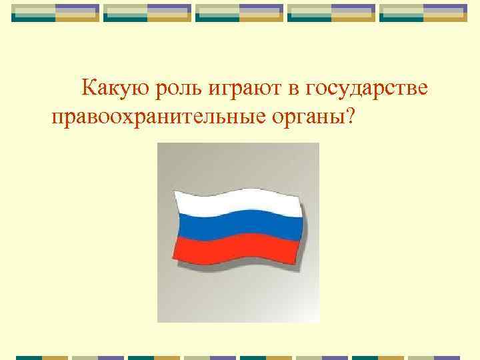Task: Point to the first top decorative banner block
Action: [56, 13]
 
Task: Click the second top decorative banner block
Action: [148, 13]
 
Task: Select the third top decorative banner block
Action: [240, 13]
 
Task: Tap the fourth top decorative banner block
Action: [331, 13]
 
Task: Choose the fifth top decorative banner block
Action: [423, 13]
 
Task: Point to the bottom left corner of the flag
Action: [175, 261]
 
